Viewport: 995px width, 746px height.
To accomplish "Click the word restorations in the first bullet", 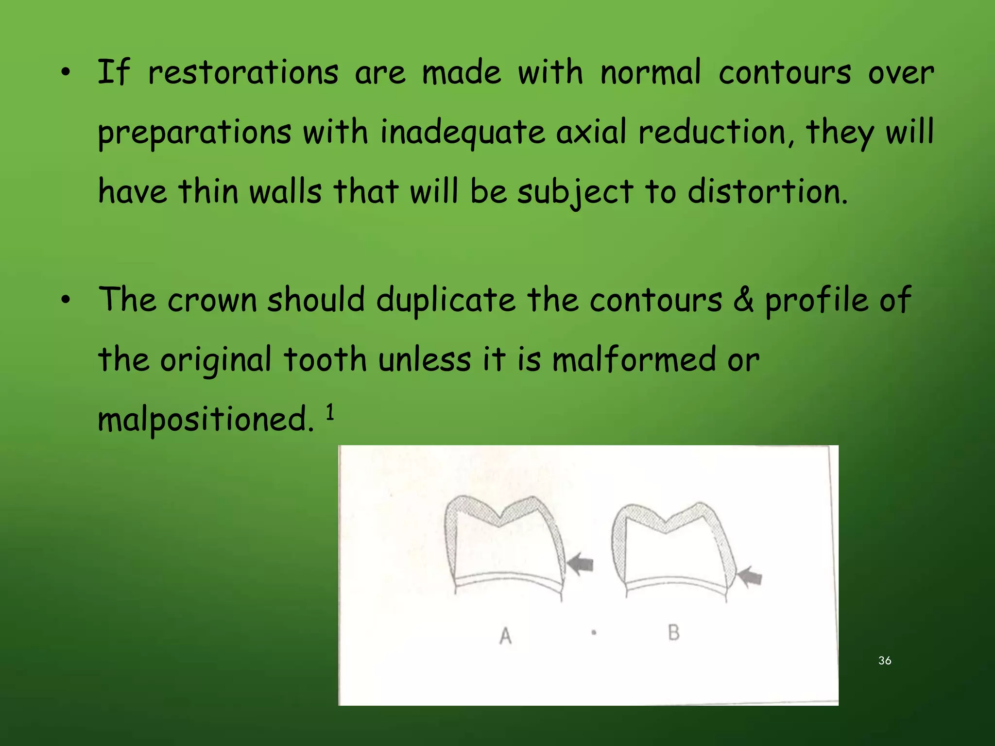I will click(x=243, y=73).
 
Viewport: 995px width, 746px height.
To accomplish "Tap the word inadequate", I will click(x=462, y=133).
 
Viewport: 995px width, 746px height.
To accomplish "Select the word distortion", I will click(x=767, y=191).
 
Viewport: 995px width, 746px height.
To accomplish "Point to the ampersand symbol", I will click(x=743, y=300).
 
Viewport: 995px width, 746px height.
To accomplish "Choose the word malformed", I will click(x=634, y=360).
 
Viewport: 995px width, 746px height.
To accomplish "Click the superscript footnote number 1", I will click(x=330, y=412).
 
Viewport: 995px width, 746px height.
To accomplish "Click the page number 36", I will click(x=885, y=661).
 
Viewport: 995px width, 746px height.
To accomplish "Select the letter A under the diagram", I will click(x=505, y=635).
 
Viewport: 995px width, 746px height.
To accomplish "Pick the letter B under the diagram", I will click(x=673, y=632).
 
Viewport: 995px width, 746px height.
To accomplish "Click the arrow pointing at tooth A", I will click(x=581, y=564).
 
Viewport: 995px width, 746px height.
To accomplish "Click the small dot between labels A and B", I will click(x=594, y=632).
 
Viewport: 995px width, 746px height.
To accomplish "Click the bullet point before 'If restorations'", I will click(x=66, y=73).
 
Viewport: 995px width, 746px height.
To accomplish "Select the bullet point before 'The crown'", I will click(x=66, y=300).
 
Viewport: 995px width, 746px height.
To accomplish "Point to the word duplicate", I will click(x=446, y=300).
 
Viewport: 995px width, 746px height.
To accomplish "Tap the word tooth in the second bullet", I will click(x=325, y=360).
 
